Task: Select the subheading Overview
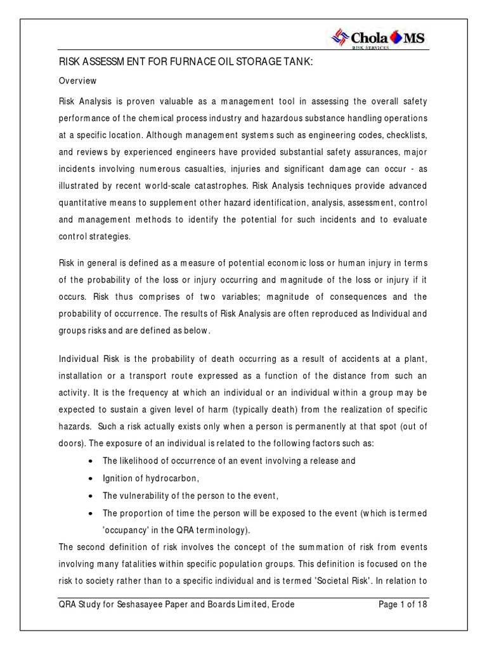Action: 77,81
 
